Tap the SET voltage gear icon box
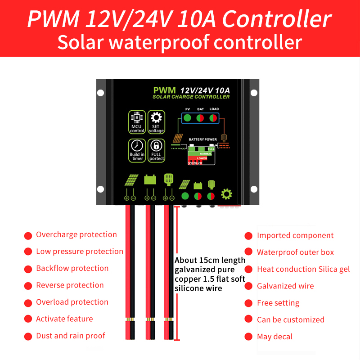click(156, 122)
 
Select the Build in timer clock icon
click(137, 150)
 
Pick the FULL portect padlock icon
click(156, 150)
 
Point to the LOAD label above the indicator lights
click(214, 109)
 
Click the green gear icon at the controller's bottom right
click(226, 194)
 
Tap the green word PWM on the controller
click(164, 90)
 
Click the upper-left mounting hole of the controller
click(101, 93)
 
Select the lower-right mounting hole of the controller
click(254, 189)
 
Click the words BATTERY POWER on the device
click(202, 139)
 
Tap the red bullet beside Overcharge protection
click(28, 235)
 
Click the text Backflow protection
click(72, 268)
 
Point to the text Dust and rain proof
click(70, 336)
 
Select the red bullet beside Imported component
click(248, 236)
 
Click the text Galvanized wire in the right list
click(285, 286)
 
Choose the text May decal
click(274, 337)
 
